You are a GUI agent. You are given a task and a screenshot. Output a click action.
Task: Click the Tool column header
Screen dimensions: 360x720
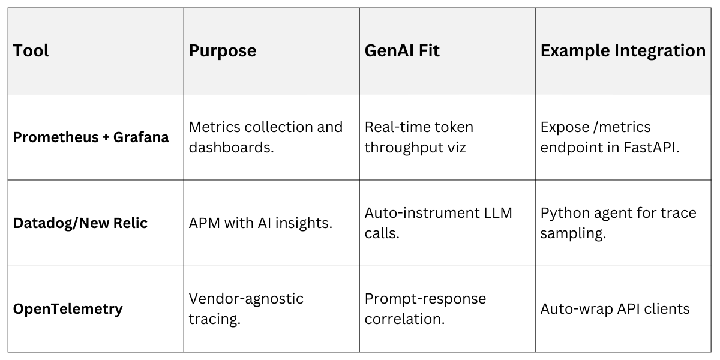(x=31, y=51)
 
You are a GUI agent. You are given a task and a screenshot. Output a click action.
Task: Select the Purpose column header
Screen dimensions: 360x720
(x=223, y=51)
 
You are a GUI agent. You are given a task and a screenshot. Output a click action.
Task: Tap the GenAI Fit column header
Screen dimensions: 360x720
(x=402, y=51)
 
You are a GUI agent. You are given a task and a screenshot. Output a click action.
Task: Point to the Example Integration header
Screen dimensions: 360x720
(x=623, y=51)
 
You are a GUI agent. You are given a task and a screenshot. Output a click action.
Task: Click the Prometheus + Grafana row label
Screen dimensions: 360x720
(x=91, y=137)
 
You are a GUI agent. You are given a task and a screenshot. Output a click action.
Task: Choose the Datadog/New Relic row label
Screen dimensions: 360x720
(x=80, y=223)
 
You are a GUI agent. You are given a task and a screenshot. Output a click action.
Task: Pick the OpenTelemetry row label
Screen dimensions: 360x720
(x=68, y=309)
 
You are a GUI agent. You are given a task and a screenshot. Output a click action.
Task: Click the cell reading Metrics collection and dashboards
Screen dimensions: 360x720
(x=266, y=137)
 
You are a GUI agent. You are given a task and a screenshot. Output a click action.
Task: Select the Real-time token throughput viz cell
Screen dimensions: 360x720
(x=419, y=137)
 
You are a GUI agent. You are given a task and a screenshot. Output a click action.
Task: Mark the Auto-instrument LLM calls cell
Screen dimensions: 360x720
(x=439, y=223)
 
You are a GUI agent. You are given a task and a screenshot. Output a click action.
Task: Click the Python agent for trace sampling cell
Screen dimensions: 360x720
(x=618, y=223)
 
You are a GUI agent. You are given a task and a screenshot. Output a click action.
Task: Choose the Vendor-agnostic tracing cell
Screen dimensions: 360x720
(x=246, y=308)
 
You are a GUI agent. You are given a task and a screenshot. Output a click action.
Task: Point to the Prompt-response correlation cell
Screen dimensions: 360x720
(x=425, y=308)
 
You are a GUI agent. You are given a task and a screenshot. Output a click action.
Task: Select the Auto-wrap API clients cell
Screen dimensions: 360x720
(x=615, y=309)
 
